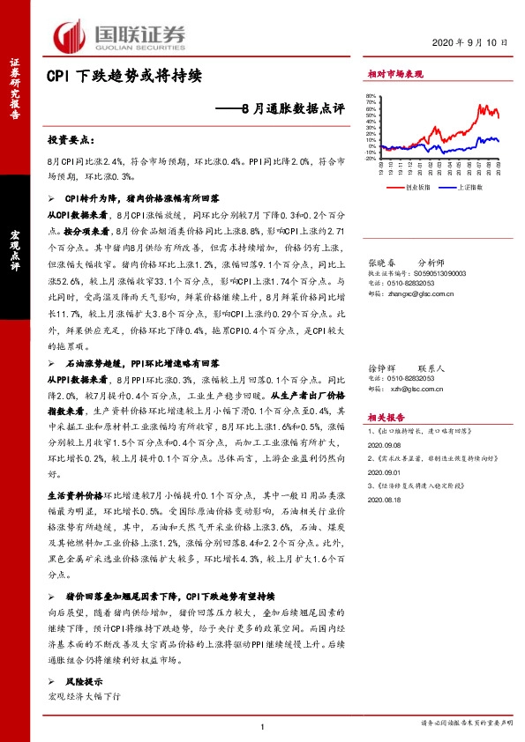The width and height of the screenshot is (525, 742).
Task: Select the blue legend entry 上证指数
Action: point(471,187)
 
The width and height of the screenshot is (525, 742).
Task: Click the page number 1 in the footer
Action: point(263,724)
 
